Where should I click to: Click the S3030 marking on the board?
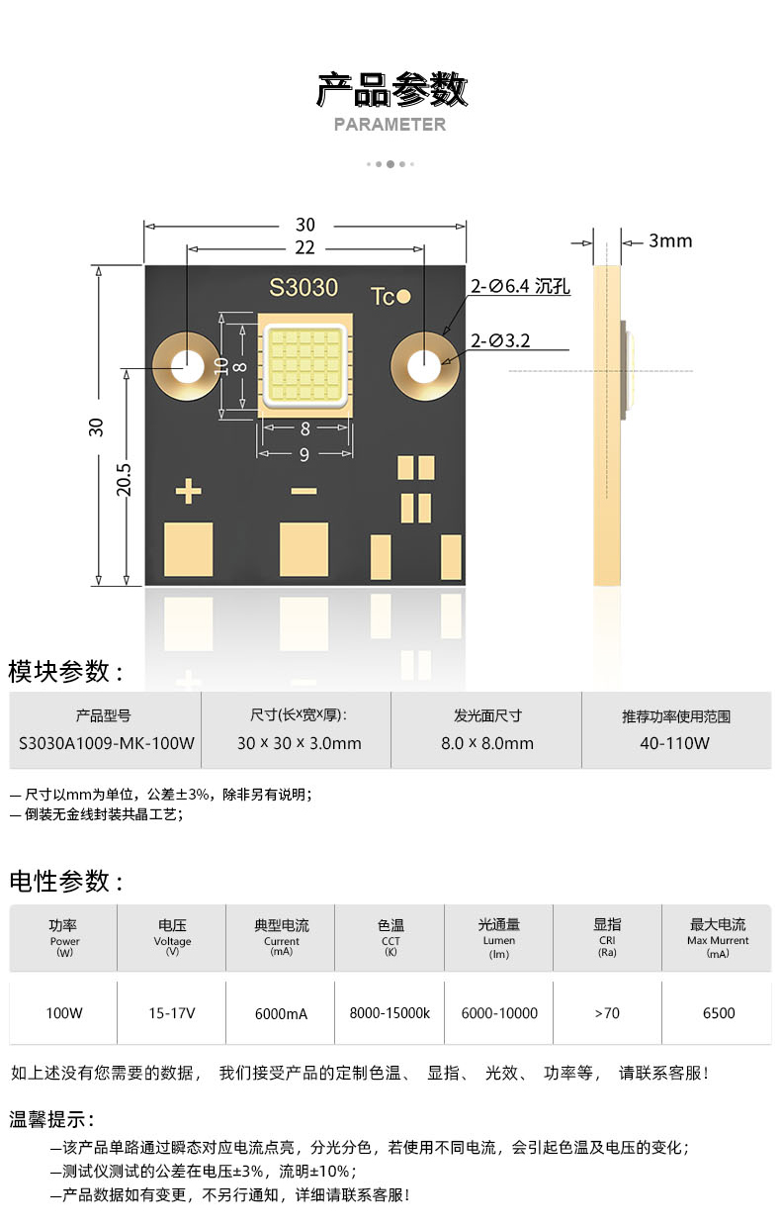[304, 288]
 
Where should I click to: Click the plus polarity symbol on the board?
[188, 491]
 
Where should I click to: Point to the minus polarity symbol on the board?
[304, 491]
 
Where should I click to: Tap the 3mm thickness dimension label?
[670, 240]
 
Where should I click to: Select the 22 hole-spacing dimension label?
[304, 247]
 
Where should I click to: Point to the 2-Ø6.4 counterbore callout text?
[520, 287]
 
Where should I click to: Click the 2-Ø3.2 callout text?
[500, 340]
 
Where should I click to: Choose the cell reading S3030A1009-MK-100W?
[107, 742]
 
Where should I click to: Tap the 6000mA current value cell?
[281, 1013]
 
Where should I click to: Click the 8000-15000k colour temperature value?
[390, 1013]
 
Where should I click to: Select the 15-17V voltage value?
[172, 1013]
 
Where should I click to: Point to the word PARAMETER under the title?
[390, 125]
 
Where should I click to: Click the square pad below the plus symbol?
[188, 550]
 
